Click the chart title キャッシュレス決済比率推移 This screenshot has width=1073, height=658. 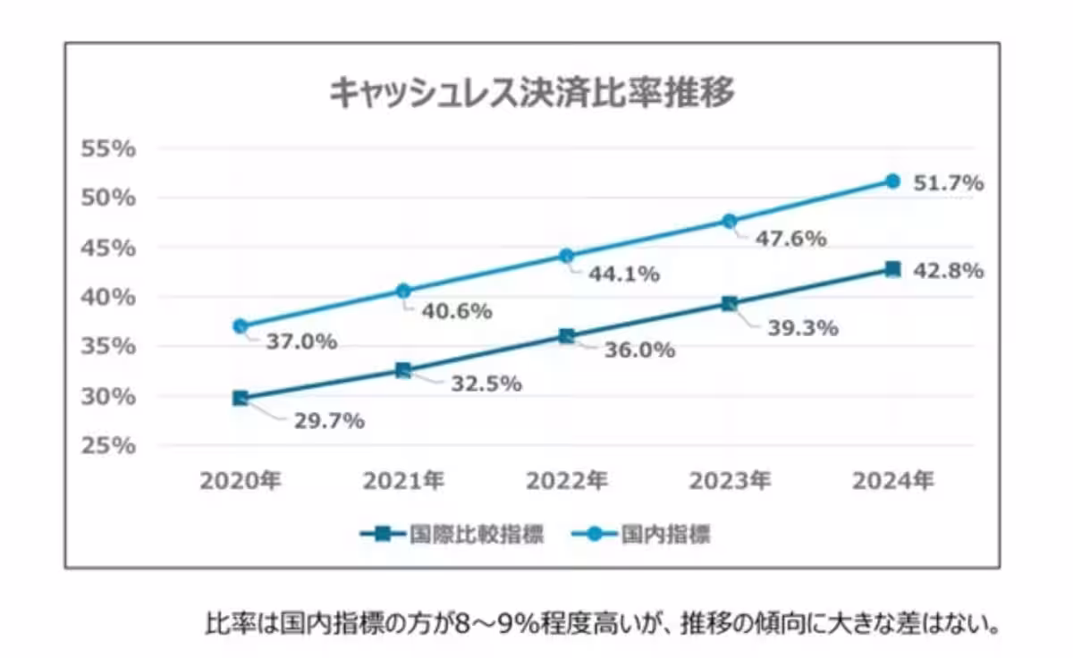(531, 92)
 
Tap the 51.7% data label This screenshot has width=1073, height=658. (948, 183)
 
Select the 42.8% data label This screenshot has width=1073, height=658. (948, 270)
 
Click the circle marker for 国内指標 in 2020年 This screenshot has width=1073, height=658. (240, 326)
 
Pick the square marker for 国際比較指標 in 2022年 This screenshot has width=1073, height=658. (566, 336)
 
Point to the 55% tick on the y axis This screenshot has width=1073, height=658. (108, 148)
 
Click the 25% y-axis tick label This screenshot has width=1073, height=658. (108, 445)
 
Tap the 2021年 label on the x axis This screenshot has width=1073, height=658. (403, 482)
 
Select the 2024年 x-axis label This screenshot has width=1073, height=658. (893, 482)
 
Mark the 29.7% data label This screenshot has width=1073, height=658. (329, 420)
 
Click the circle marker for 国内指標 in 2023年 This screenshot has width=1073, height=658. (730, 221)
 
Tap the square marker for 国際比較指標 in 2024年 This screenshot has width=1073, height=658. (892, 269)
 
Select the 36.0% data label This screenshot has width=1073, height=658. (638, 350)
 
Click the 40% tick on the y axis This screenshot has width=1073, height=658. (108, 297)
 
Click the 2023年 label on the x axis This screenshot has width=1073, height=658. (730, 482)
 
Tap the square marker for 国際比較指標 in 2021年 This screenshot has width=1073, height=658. (403, 370)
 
